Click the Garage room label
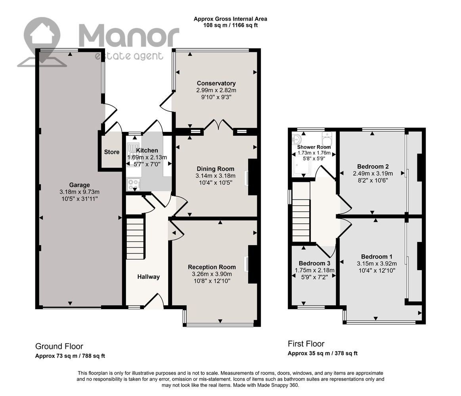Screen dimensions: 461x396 (79, 185)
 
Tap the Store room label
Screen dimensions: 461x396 (112, 152)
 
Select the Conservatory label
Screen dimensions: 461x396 (216, 84)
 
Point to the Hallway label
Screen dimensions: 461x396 (149, 277)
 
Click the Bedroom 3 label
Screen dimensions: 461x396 (314, 263)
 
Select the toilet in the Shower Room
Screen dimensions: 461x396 (327, 138)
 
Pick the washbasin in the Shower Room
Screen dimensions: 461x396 (296, 139)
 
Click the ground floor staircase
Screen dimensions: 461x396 (135, 238)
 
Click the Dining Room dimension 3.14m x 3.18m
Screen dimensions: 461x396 (216, 176)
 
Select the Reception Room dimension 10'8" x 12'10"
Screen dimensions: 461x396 (212, 281)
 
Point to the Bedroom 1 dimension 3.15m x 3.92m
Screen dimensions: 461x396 (377, 263)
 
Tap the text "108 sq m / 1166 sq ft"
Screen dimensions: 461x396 (231, 25)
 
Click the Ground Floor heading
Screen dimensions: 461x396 (59, 346)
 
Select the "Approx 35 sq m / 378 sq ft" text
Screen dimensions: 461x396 (323, 353)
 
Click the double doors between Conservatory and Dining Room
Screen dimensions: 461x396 (218, 125)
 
